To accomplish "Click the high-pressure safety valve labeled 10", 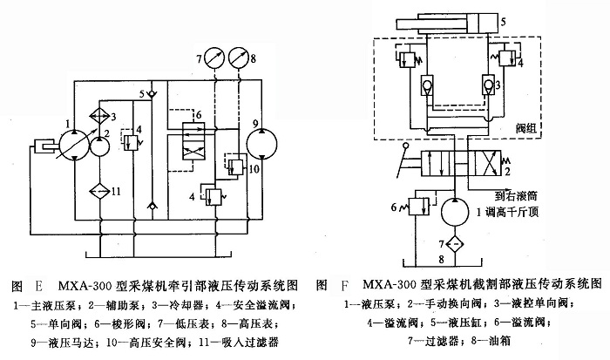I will [235, 164].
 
